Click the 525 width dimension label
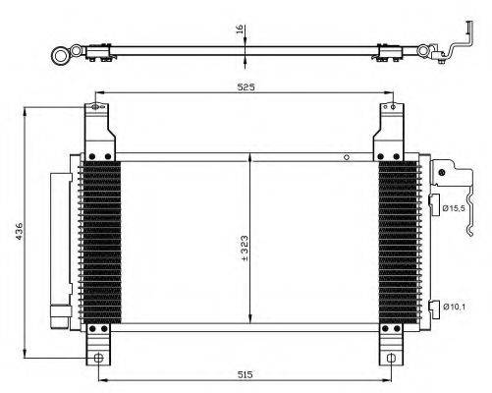point(246,87)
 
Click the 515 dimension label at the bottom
point(246,374)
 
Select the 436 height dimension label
point(19,231)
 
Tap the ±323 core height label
point(245,249)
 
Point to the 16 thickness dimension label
point(240,29)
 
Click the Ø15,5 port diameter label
point(454,208)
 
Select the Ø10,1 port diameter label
point(454,307)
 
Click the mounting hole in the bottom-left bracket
point(98,358)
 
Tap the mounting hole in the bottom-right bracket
point(391,358)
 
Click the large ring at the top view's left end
point(61,56)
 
